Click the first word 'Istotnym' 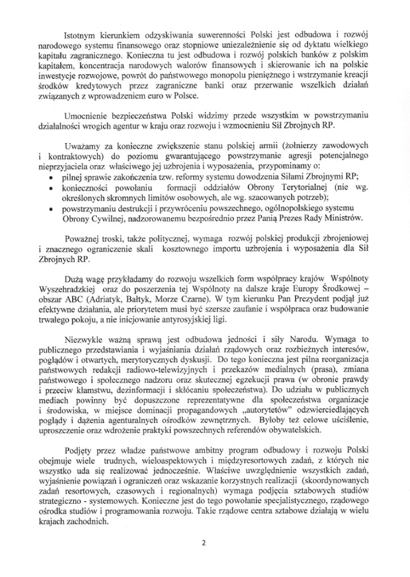[x=83, y=27]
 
